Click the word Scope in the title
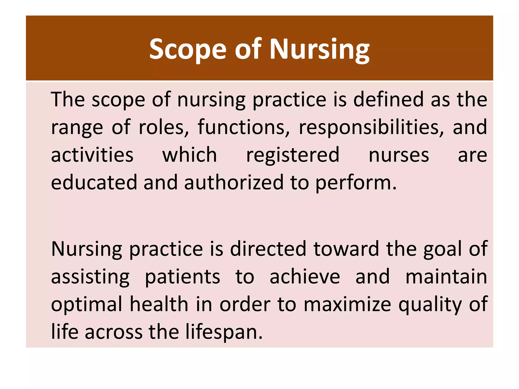point(188,49)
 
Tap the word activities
point(92,155)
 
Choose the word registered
point(293,155)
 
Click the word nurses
point(399,155)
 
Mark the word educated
point(94,182)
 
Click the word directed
point(268,249)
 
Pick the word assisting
point(90,277)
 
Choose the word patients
point(182,277)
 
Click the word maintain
point(446,277)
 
